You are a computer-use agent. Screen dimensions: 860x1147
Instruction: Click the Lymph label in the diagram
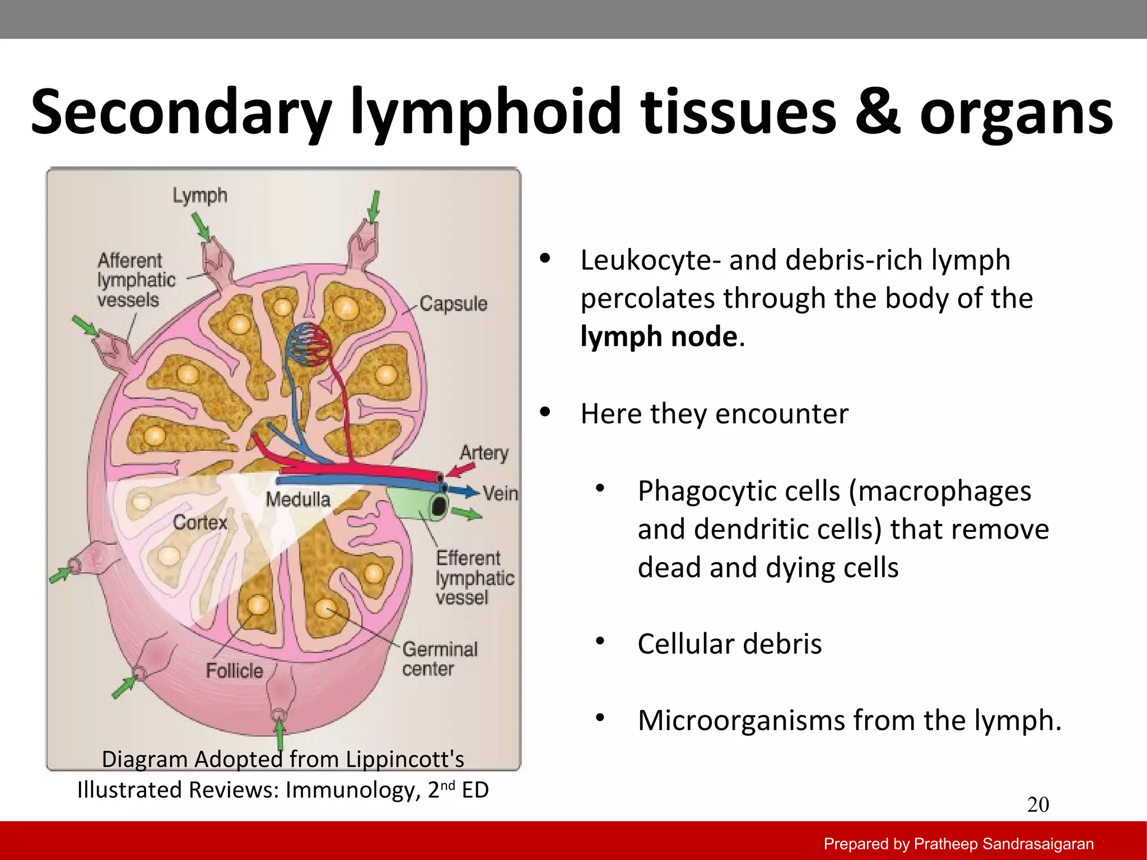tap(199, 196)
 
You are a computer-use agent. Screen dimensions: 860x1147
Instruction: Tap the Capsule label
tap(453, 303)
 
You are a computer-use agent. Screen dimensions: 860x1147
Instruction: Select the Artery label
tap(484, 452)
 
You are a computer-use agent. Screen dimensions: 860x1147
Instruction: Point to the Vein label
tap(500, 493)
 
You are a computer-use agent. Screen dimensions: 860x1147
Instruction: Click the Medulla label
tap(298, 499)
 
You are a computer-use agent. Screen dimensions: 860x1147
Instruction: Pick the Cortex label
tap(200, 522)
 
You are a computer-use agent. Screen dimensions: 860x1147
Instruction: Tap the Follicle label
tap(234, 670)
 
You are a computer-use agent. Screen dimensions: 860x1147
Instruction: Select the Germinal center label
tap(440, 659)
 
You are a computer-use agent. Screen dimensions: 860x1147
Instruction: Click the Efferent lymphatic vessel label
tap(474, 577)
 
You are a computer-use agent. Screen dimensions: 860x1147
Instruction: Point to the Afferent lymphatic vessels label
tap(136, 280)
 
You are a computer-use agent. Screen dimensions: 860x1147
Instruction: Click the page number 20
tap(1038, 805)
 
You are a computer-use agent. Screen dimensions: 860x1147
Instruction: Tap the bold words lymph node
tap(659, 336)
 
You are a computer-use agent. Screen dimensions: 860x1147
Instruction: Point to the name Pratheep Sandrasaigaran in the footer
tap(1004, 844)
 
